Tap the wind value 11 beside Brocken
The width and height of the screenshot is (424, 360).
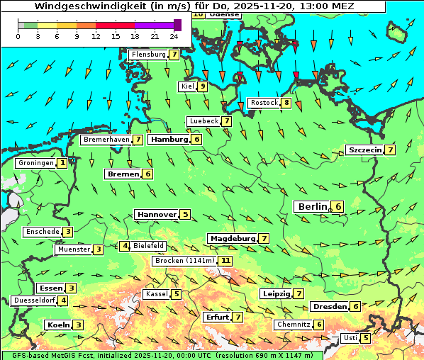click(225, 261)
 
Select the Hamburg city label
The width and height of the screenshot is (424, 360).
click(169, 140)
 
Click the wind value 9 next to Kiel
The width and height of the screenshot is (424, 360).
click(202, 86)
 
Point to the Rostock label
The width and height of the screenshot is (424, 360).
click(264, 103)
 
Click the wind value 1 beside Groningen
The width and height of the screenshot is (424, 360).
click(62, 163)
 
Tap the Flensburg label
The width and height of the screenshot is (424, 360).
click(148, 55)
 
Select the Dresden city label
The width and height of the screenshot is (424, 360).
click(329, 307)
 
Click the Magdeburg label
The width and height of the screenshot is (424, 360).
click(232, 239)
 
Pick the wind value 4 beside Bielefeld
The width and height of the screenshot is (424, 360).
click(125, 246)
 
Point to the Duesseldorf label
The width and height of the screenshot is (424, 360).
click(34, 300)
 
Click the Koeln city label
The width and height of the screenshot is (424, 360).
click(57, 325)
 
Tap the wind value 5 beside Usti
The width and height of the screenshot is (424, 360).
click(365, 338)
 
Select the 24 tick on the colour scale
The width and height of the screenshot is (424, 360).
click(174, 36)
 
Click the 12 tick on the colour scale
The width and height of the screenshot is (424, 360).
click(96, 36)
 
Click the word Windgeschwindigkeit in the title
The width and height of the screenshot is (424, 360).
click(79, 6)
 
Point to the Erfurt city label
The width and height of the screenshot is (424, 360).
click(216, 317)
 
